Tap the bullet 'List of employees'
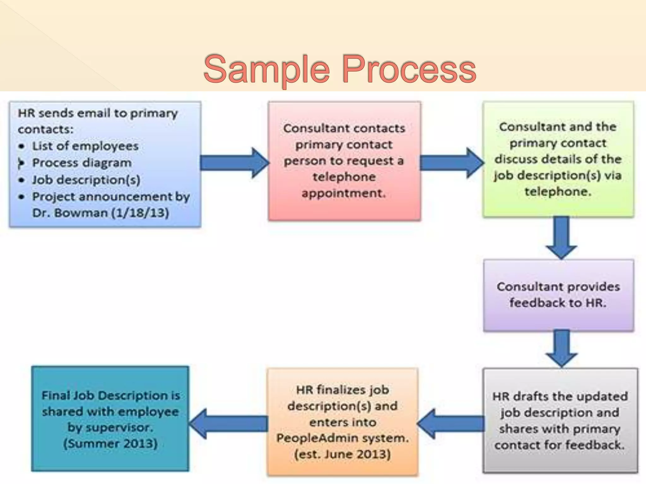[x=85, y=146]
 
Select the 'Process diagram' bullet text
[x=82, y=163]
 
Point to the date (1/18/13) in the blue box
[x=140, y=213]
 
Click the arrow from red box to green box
[x=451, y=163]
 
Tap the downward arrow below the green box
[x=561, y=238]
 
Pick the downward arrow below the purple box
[x=561, y=349]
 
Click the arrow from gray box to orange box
[x=451, y=424]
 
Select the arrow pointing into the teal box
[x=229, y=424]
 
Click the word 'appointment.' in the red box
[x=344, y=193]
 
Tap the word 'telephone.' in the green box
[x=558, y=192]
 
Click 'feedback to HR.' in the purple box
[x=558, y=303]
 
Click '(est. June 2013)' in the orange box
[x=343, y=454]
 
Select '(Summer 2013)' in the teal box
[x=110, y=444]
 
